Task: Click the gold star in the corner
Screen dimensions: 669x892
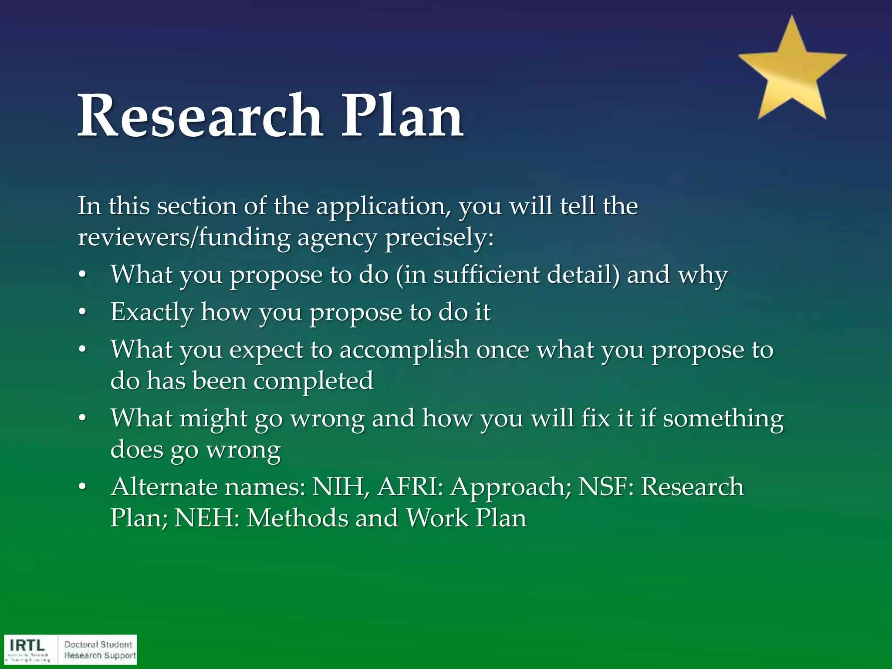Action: click(x=792, y=72)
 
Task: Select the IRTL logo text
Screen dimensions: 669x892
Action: click(x=27, y=645)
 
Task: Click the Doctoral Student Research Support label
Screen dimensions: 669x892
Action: click(x=100, y=650)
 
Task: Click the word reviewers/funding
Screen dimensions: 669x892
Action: click(x=184, y=238)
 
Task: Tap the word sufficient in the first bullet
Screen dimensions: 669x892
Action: click(x=486, y=275)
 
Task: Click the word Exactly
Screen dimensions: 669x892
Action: click(x=152, y=313)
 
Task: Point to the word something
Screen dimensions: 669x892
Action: click(x=723, y=419)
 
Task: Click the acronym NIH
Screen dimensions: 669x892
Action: click(x=340, y=487)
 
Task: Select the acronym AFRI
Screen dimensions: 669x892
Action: click(x=410, y=487)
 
